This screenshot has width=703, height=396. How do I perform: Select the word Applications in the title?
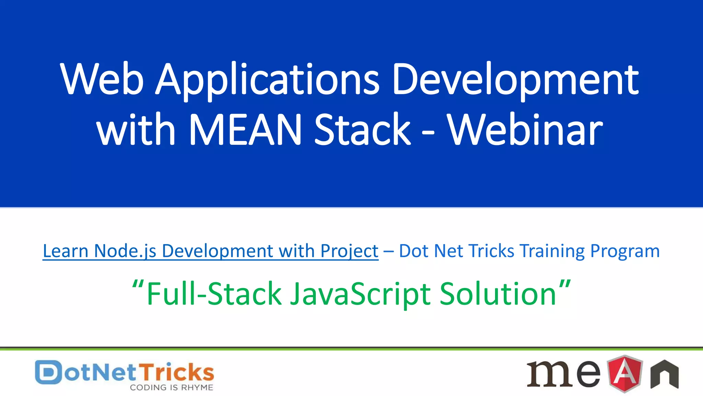click(x=268, y=80)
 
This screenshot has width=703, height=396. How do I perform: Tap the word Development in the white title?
click(x=515, y=80)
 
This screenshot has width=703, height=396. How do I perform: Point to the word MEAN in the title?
click(x=245, y=130)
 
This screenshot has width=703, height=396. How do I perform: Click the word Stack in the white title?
click(x=362, y=130)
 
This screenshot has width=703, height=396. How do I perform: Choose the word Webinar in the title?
click(x=525, y=130)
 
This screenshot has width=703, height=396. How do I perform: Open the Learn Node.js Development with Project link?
click(x=210, y=251)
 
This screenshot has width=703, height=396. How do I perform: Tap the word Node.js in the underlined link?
click(x=125, y=251)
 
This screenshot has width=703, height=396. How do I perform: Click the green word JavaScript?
click(x=360, y=294)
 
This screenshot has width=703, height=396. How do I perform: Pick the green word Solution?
click(x=498, y=294)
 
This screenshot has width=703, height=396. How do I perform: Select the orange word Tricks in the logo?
click(x=177, y=372)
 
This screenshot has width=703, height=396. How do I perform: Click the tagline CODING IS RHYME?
click(x=171, y=388)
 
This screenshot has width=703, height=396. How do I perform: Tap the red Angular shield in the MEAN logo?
click(x=625, y=373)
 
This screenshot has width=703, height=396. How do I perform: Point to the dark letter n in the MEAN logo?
click(x=665, y=375)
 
